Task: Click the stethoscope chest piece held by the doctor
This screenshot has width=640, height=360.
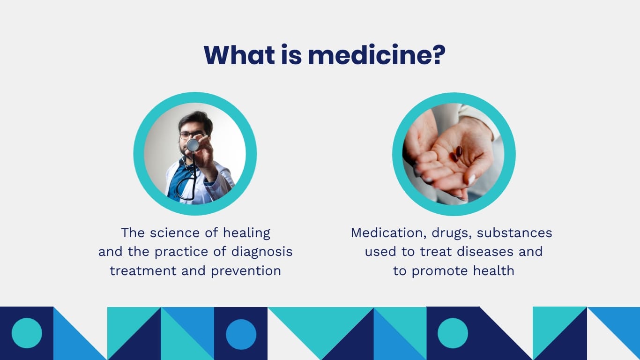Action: (193, 145)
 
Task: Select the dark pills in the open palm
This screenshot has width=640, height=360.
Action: (456, 154)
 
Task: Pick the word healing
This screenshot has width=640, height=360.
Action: (246, 233)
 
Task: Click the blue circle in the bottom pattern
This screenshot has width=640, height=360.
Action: (241, 334)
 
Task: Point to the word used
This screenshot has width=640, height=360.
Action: (381, 252)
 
